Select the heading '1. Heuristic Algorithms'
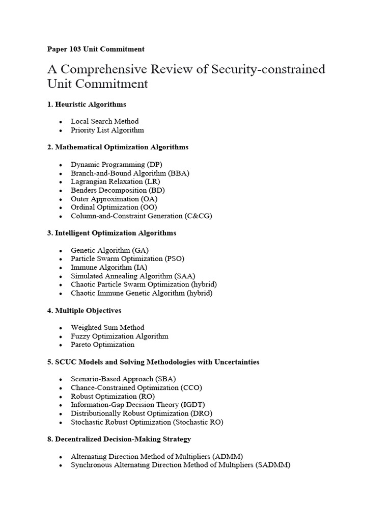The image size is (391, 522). click(87, 104)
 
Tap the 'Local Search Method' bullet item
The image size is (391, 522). click(104, 121)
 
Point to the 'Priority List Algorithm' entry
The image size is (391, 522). click(107, 130)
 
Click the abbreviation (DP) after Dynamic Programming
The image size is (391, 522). click(153, 165)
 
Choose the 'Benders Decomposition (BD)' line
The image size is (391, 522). click(118, 190)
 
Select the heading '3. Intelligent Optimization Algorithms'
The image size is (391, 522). click(111, 233)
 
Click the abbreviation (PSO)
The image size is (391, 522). click(174, 259)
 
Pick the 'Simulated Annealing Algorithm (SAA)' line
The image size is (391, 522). click(133, 276)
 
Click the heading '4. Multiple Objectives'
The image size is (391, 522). click(84, 310)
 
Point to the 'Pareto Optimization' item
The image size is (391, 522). click(102, 345)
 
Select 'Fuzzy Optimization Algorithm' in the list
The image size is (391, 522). click(119, 336)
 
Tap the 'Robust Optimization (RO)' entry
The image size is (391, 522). click(113, 396)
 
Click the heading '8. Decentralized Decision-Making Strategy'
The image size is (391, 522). click(119, 439)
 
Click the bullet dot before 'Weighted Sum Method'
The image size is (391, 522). click(61, 328)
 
